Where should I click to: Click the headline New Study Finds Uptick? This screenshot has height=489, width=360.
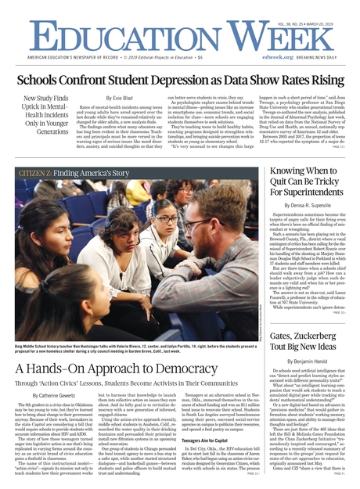click(x=46, y=116)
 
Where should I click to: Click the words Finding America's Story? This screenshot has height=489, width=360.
click(x=91, y=173)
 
